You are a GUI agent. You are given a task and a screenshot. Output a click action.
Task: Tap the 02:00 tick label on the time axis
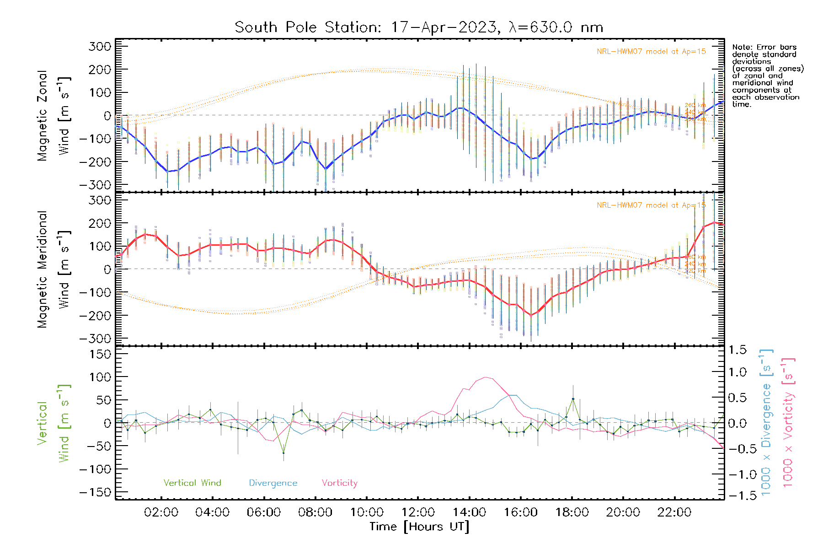tap(161, 512)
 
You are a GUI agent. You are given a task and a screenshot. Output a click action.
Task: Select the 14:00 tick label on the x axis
tap(469, 512)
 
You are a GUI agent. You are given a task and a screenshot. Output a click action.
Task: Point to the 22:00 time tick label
tap(674, 512)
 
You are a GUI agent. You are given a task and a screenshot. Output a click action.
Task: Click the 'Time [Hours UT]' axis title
tap(419, 527)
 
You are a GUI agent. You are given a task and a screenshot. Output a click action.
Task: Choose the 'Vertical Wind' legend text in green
tap(192, 483)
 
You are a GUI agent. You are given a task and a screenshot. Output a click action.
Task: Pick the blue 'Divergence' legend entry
tap(273, 483)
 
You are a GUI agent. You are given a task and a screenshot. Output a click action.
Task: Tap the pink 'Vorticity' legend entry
tap(339, 483)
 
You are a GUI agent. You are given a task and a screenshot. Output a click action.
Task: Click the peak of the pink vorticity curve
tap(485, 377)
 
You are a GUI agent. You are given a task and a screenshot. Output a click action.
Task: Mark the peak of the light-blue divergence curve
tap(513, 395)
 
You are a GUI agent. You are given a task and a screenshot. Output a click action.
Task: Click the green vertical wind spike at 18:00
tap(573, 399)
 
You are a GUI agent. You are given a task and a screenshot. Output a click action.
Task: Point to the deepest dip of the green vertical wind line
tap(283, 453)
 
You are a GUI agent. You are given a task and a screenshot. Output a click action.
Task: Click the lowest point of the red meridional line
tap(531, 315)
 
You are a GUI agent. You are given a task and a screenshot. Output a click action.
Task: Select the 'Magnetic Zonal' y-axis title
tap(42, 116)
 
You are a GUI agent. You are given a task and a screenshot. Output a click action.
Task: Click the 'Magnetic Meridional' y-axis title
tap(42, 269)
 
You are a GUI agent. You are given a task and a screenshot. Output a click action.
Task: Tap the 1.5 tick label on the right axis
tap(737, 350)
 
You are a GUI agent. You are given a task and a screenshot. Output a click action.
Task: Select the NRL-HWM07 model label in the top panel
tap(651, 52)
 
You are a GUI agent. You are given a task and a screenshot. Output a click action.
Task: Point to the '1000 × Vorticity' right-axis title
tap(788, 423)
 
